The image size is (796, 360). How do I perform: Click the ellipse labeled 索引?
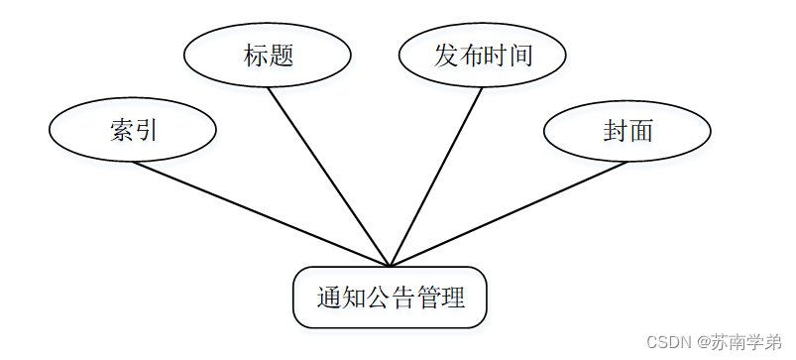pyautogui.click(x=133, y=130)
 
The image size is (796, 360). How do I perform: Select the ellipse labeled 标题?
pyautogui.click(x=269, y=55)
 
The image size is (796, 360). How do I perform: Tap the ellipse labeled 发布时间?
pyautogui.click(x=483, y=55)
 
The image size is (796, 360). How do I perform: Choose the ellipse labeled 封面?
pyautogui.click(x=627, y=130)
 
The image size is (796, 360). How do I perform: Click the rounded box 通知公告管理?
pyautogui.click(x=390, y=298)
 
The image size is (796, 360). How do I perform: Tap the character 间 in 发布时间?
pyautogui.click(x=520, y=55)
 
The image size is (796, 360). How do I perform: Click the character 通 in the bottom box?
pyautogui.click(x=329, y=298)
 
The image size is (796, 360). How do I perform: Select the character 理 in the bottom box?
pyautogui.click(x=453, y=298)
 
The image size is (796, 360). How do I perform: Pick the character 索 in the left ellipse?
pyautogui.click(x=121, y=130)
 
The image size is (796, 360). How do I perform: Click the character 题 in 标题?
pyautogui.click(x=282, y=55)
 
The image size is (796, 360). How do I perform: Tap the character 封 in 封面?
pyautogui.click(x=615, y=130)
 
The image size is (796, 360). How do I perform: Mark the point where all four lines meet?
pyautogui.click(x=391, y=266)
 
